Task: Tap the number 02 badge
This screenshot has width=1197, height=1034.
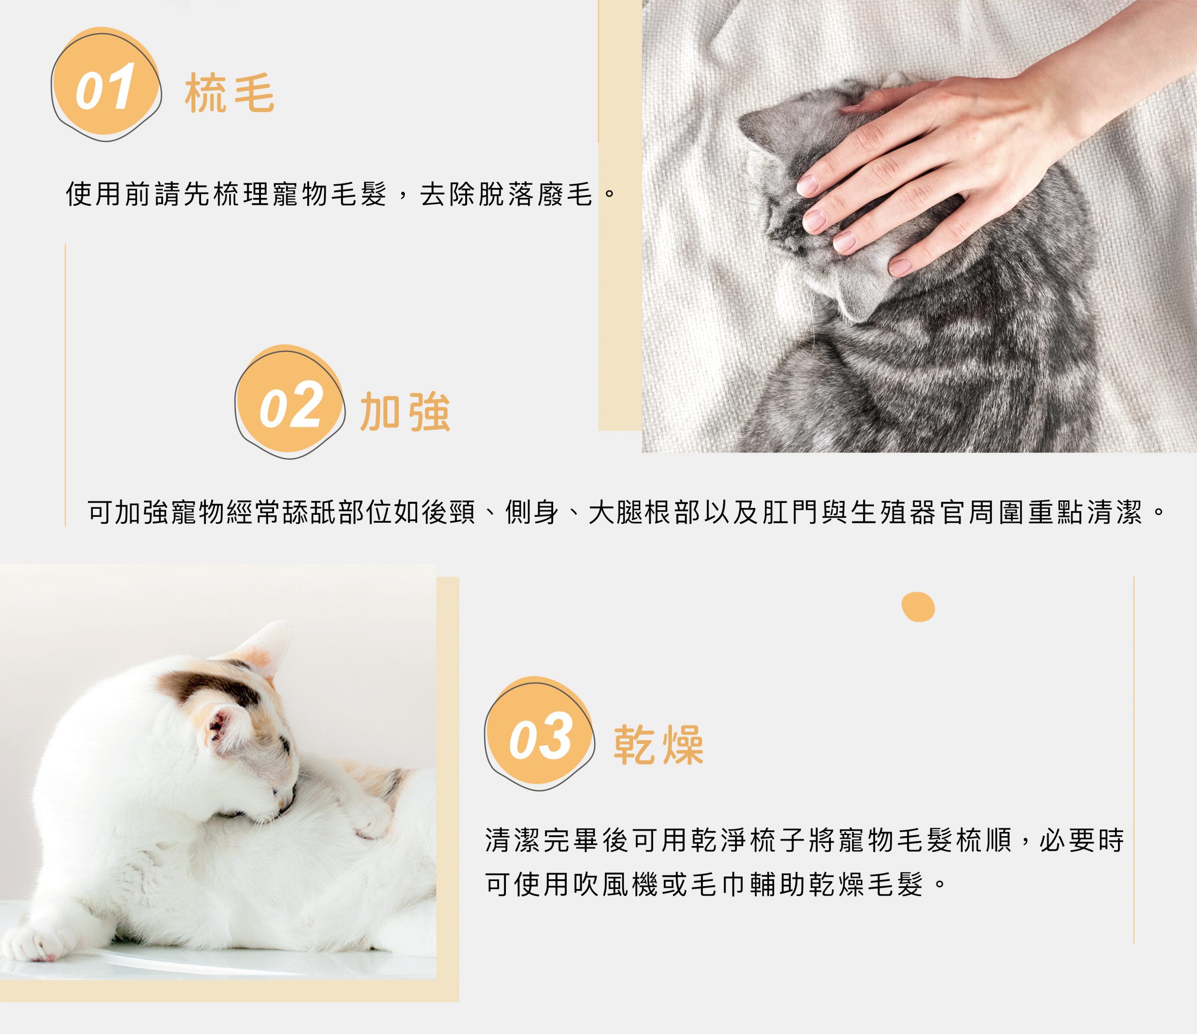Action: coord(289,402)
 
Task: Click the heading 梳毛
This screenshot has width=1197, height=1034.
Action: coord(230,94)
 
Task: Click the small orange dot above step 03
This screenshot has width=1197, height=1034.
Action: coord(918,607)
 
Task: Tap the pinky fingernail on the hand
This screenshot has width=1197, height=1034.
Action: coord(900,266)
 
